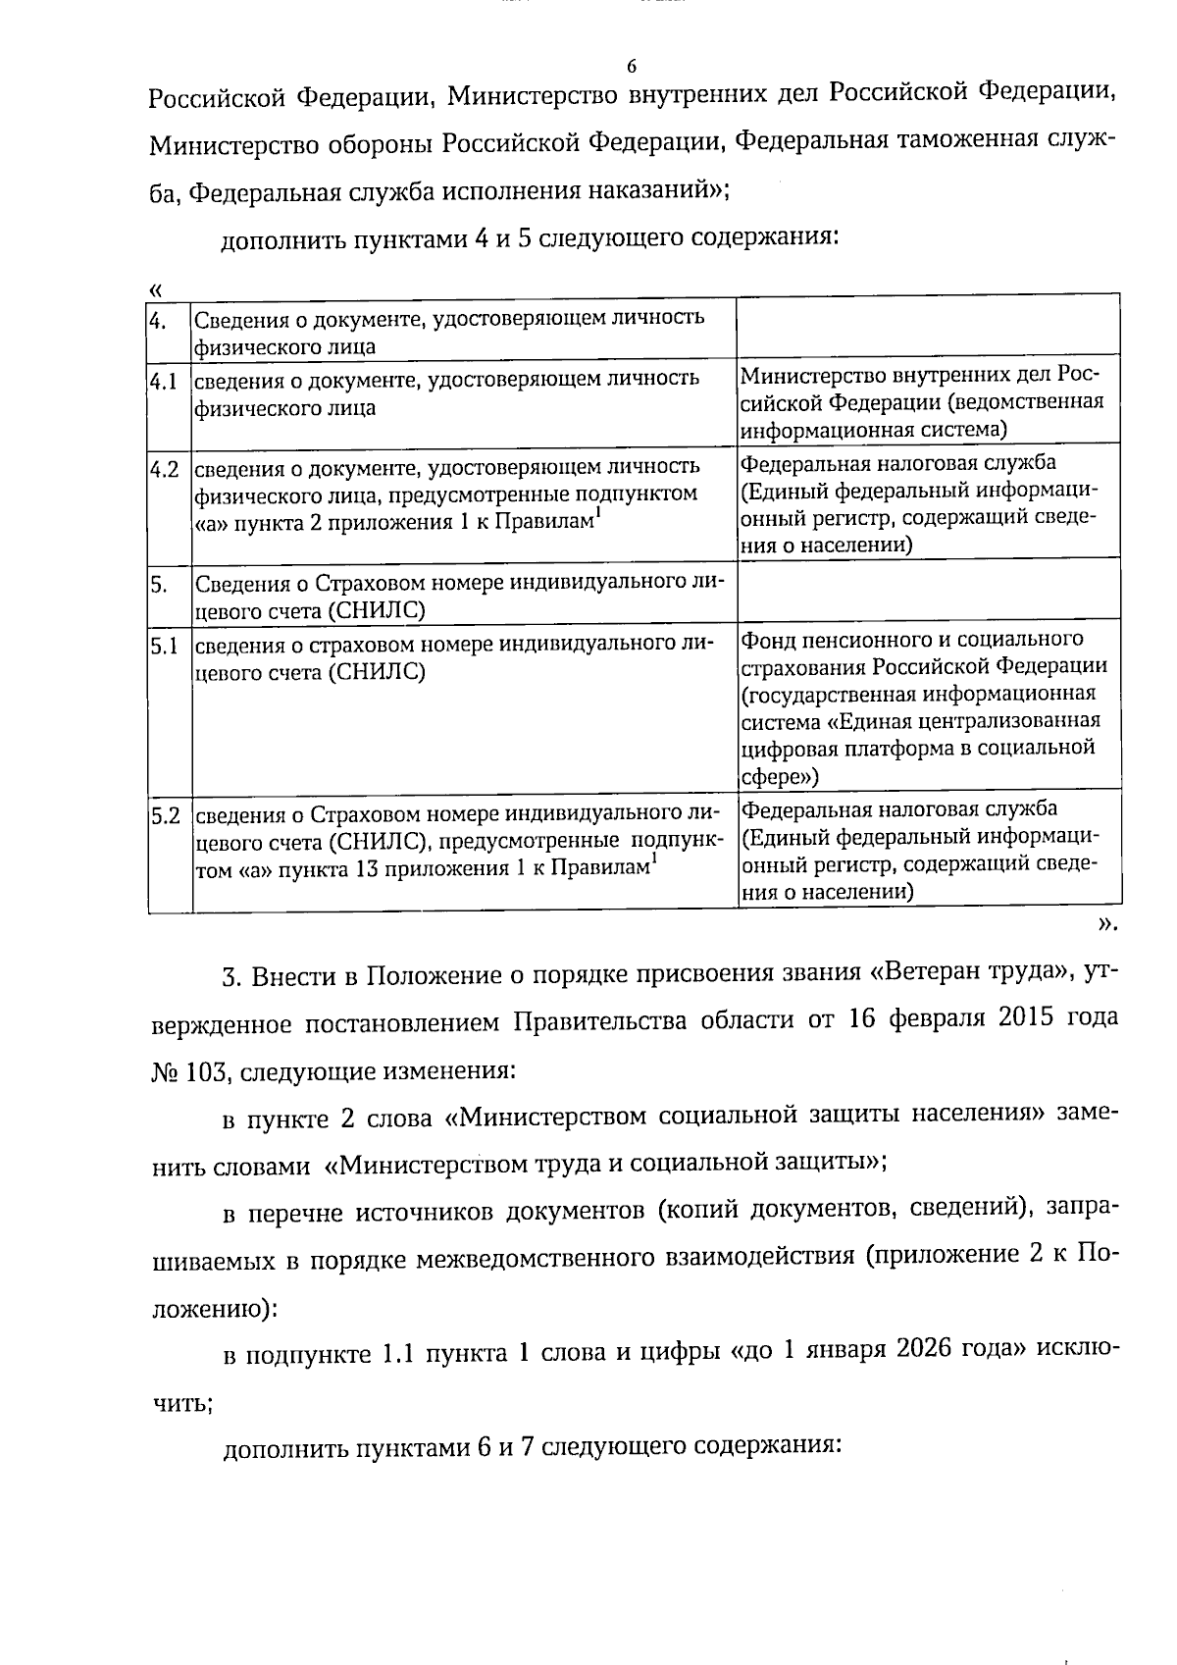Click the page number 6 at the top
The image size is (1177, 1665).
click(631, 67)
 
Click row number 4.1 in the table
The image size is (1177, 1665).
click(164, 381)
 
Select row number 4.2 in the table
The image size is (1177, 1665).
click(164, 469)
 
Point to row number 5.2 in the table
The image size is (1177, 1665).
click(164, 815)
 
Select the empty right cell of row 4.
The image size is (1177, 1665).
click(928, 325)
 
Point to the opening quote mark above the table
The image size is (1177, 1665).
click(155, 288)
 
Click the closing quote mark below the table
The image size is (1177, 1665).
click(1106, 923)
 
